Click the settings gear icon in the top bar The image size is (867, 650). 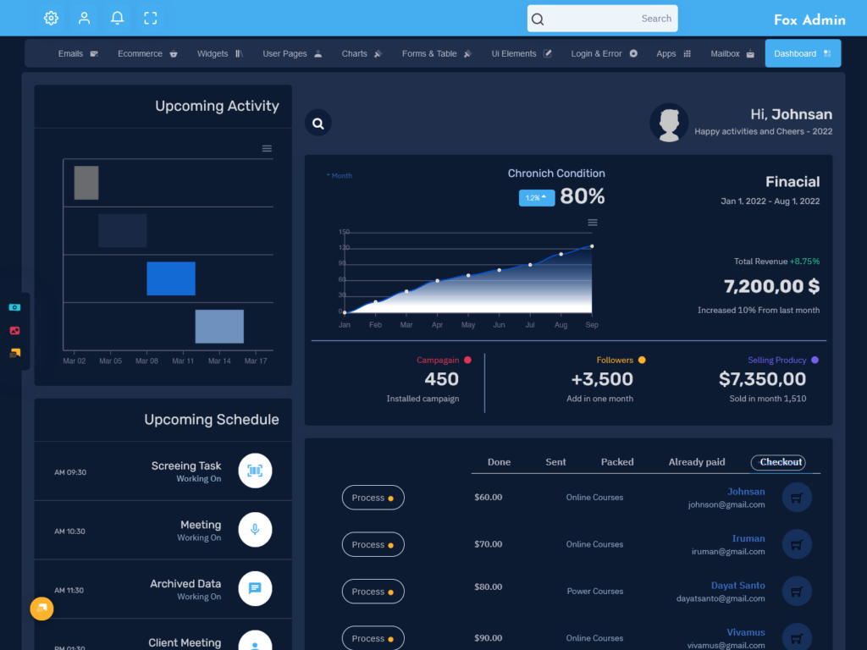(x=51, y=18)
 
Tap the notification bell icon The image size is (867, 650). (x=118, y=18)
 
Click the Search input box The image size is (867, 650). (x=602, y=19)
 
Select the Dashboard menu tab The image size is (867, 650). (x=802, y=53)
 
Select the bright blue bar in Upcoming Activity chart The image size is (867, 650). (x=171, y=278)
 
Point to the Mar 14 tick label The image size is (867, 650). (x=219, y=361)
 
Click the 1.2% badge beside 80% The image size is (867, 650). (x=537, y=197)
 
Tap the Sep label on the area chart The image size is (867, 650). (x=592, y=325)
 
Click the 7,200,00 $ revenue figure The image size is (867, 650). (x=771, y=286)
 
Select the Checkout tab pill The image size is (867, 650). (x=780, y=462)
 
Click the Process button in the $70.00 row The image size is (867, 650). (x=373, y=545)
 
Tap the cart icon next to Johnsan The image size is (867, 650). (x=797, y=498)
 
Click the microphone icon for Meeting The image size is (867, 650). (x=255, y=530)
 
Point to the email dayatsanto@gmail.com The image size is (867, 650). (x=721, y=598)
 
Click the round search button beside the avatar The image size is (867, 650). (x=318, y=123)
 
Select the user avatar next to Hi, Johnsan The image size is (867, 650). (x=669, y=124)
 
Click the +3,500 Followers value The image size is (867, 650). (x=601, y=379)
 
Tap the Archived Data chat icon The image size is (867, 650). (x=255, y=588)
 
